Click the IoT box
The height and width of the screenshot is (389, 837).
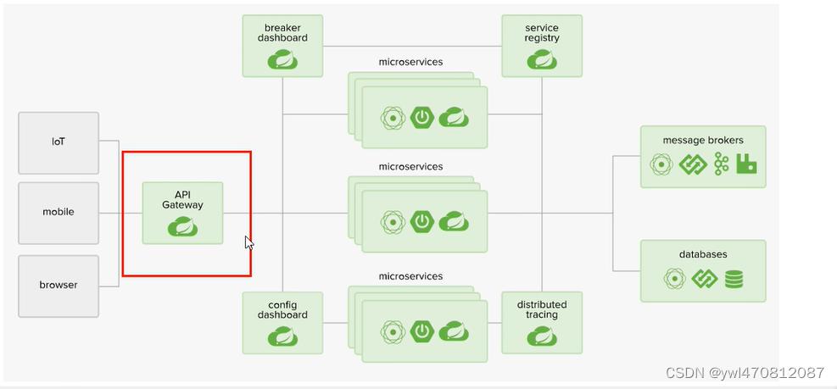pyautogui.click(x=59, y=142)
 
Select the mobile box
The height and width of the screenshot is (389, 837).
pyautogui.click(x=59, y=212)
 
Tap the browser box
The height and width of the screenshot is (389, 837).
pyautogui.click(x=59, y=285)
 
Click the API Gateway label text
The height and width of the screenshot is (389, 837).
pyautogui.click(x=182, y=199)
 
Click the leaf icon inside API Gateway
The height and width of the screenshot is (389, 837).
pyautogui.click(x=183, y=226)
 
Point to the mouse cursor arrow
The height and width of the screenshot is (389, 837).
pyautogui.click(x=248, y=242)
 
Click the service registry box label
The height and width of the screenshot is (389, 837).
pyautogui.click(x=542, y=33)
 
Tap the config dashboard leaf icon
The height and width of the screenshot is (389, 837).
pyautogui.click(x=282, y=336)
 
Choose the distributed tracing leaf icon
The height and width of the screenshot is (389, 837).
pyautogui.click(x=541, y=336)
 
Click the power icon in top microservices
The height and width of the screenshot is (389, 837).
pyautogui.click(x=422, y=117)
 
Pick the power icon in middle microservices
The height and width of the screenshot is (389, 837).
pyautogui.click(x=422, y=222)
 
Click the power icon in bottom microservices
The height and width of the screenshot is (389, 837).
pyautogui.click(x=422, y=331)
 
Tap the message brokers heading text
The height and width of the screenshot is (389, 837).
pyautogui.click(x=703, y=140)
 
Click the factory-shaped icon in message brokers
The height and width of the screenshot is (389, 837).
pyautogui.click(x=746, y=164)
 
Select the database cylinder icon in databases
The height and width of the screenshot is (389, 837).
pyautogui.click(x=734, y=278)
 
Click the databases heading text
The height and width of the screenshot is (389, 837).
pyautogui.click(x=703, y=254)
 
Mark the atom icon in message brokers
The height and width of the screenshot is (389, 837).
pyautogui.click(x=661, y=164)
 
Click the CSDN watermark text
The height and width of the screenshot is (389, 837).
pyautogui.click(x=745, y=373)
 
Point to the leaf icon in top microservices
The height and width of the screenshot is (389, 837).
pyautogui.click(x=453, y=117)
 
